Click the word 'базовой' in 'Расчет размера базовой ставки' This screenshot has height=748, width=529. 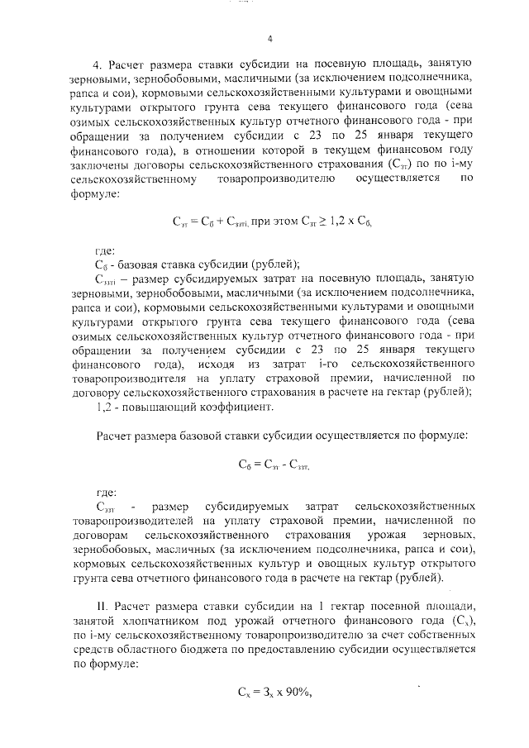coord(217,435)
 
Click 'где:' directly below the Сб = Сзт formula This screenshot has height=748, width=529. coord(107,493)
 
